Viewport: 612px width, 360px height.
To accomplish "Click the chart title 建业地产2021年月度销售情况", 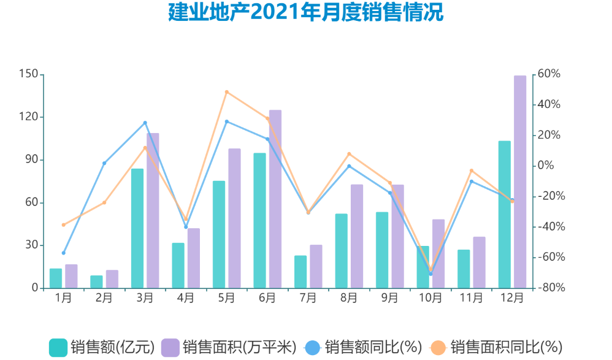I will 305,12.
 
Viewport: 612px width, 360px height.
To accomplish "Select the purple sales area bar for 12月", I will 520,182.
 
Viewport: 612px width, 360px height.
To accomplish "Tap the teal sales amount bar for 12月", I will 504,215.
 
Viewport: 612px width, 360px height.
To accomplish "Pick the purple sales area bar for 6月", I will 275,199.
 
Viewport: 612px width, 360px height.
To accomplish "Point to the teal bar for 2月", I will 96,281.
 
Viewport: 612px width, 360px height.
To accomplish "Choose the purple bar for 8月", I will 357,236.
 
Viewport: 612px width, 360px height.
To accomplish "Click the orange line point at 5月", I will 226,92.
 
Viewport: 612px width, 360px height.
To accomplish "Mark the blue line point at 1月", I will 63,253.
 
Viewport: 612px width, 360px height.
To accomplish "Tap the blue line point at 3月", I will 145,123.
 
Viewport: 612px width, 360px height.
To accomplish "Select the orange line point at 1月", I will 63,224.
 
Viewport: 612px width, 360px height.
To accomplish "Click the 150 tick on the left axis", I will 29,74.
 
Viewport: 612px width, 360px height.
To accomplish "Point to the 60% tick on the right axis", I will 546,74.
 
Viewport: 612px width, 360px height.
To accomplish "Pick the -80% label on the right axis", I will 548,288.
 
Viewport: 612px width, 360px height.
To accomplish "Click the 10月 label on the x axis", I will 430,299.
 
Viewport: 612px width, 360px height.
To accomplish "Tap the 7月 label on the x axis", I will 308,299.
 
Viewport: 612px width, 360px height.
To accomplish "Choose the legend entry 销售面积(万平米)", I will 230,347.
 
